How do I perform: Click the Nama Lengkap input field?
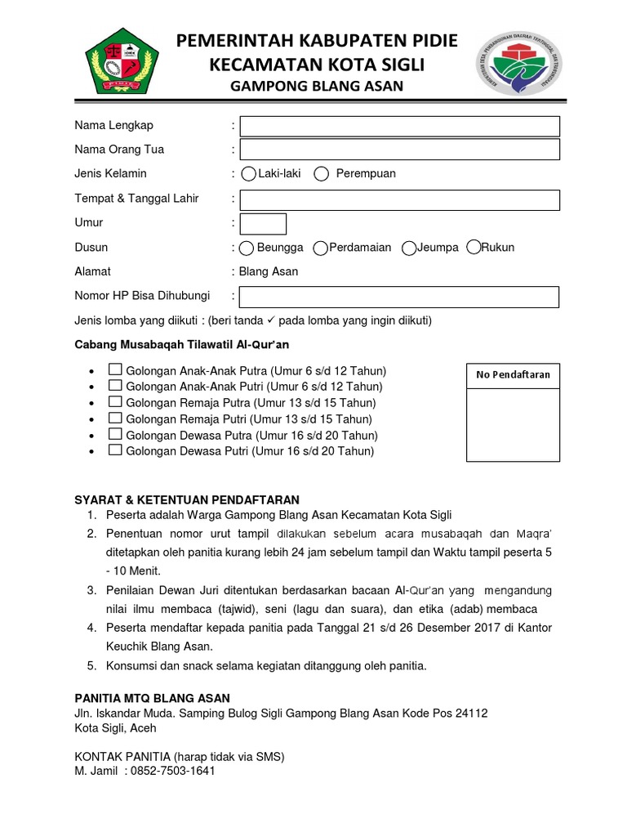tap(399, 126)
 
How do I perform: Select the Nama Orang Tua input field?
tap(399, 150)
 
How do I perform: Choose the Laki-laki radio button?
tap(248, 174)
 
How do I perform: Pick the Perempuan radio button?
tap(322, 174)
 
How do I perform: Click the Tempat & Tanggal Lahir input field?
tap(399, 199)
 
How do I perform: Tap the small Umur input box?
tap(263, 223)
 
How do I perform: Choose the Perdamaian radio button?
tap(321, 248)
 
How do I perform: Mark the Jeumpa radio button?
tap(409, 248)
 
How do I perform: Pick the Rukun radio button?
tap(473, 248)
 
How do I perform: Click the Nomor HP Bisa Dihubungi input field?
tap(399, 296)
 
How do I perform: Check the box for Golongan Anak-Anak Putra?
tap(116, 369)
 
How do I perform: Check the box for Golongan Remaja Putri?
tap(116, 418)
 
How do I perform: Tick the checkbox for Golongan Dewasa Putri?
tap(116, 450)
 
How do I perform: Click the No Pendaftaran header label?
tap(514, 375)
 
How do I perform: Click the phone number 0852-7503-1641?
tap(171, 771)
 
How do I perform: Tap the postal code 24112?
tap(471, 713)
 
